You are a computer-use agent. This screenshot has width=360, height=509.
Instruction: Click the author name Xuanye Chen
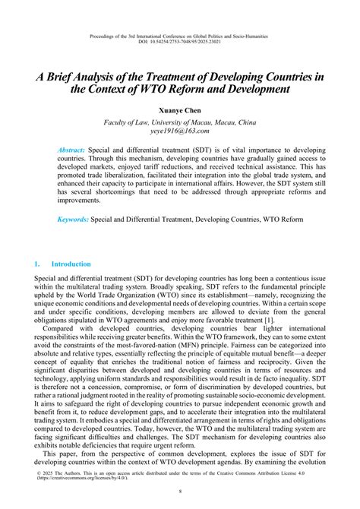(179, 111)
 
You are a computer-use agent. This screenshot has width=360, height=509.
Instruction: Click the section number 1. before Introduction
(36, 264)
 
